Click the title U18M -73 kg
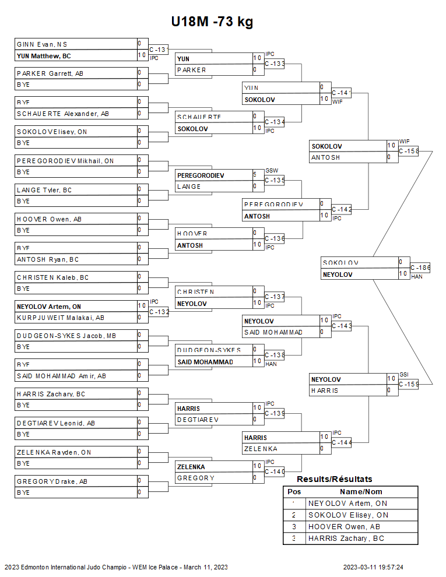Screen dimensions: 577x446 coord(212,22)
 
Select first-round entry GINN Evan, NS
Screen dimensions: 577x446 coord(42,44)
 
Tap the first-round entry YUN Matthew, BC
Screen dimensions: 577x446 coord(44,56)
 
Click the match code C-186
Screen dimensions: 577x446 coord(420,268)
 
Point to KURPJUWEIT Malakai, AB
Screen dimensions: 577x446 coord(61,318)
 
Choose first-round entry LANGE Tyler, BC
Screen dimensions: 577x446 coord(44,190)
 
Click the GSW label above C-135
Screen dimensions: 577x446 coord(272,171)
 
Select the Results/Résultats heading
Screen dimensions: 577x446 coord(335,479)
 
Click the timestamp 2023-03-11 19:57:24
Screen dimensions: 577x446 coord(373,567)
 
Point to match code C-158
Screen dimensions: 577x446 coord(409,151)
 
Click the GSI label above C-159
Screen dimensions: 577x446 coord(404,375)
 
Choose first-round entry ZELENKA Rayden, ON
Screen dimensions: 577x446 coord(54,452)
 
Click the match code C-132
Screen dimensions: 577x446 coord(159,312)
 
